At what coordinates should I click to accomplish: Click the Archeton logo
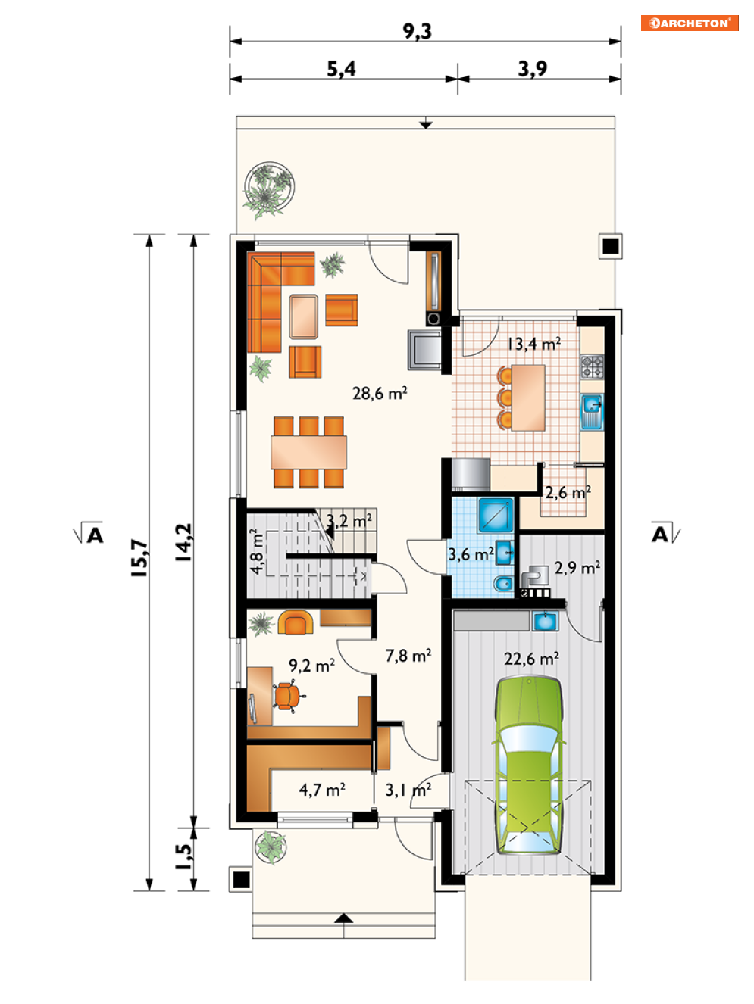689,23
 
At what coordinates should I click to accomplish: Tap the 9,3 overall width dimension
417,31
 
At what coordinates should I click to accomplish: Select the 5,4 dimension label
341,69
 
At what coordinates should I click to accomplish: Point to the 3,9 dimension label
533,69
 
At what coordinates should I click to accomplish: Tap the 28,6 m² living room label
380,393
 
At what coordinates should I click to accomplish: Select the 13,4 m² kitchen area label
533,344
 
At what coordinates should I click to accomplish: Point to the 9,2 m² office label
311,665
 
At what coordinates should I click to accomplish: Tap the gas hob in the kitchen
593,366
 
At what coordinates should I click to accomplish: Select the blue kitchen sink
593,411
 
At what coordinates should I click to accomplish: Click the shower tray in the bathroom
496,515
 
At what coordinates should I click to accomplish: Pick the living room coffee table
304,316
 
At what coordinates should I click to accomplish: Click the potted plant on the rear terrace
269,189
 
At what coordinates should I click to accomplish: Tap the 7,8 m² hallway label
408,656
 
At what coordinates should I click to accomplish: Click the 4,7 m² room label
322,790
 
